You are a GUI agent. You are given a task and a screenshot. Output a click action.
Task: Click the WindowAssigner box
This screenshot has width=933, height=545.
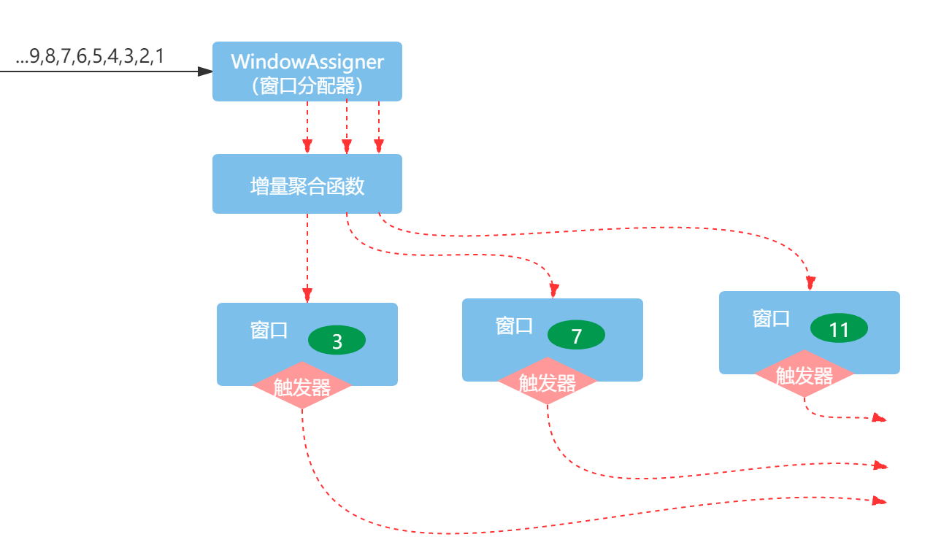(307, 71)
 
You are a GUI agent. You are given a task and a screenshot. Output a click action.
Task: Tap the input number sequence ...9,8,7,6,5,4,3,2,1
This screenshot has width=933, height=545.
(90, 58)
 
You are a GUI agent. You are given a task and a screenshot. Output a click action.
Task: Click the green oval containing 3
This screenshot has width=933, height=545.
(337, 341)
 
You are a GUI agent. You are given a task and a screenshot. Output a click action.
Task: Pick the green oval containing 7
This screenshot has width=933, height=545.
(576, 336)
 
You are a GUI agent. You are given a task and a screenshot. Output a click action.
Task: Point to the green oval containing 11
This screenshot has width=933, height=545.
(839, 329)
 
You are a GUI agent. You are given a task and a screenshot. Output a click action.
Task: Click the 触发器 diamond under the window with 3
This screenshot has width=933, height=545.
(302, 386)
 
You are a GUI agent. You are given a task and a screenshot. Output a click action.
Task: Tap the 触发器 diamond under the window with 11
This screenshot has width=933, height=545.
(805, 375)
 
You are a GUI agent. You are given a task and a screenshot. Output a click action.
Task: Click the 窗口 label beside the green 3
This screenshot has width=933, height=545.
(269, 331)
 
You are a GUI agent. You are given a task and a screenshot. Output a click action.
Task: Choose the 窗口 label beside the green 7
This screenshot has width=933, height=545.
(514, 325)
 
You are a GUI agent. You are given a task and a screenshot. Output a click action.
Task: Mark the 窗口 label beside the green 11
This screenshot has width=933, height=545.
(771, 318)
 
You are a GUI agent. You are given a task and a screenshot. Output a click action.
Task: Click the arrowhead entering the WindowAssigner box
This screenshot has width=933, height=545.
(205, 71)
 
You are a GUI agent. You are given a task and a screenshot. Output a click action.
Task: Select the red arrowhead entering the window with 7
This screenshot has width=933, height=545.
(553, 290)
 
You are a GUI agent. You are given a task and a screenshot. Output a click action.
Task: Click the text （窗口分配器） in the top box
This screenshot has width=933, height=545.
(307, 86)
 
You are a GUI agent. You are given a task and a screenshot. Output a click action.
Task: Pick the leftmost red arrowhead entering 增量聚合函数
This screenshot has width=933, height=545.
(307, 147)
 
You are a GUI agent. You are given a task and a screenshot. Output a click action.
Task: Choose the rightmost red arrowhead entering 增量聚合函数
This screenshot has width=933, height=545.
(378, 147)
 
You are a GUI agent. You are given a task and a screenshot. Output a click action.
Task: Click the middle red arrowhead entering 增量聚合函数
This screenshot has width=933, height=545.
(347, 147)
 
